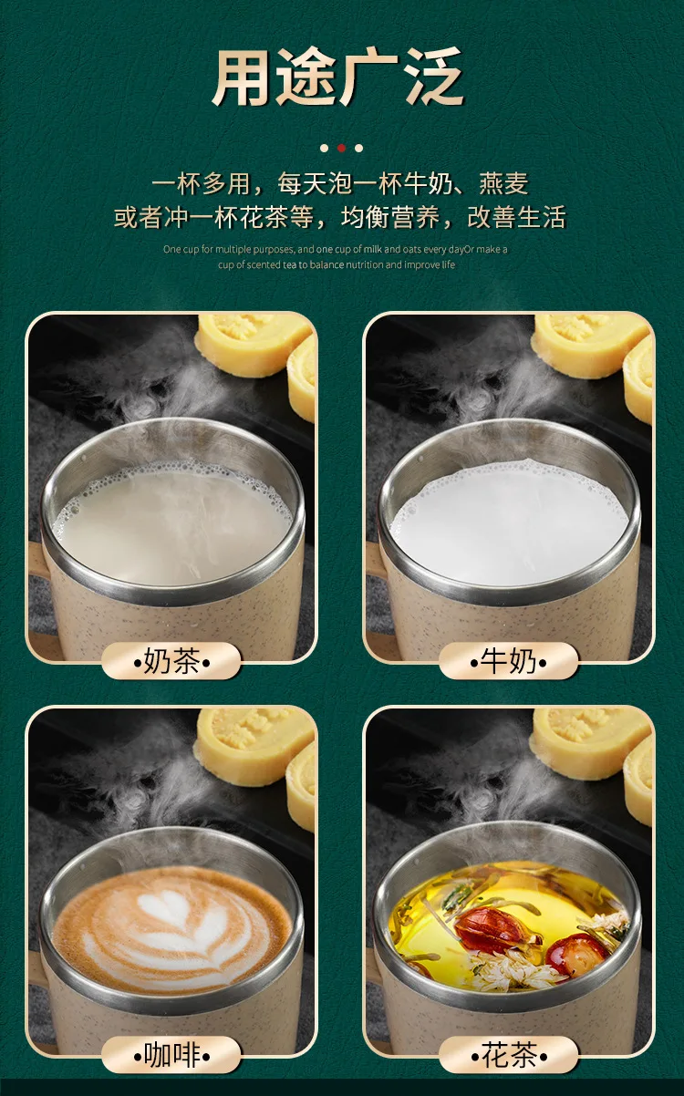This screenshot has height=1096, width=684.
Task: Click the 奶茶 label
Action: (x=171, y=661)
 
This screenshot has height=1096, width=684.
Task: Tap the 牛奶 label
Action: (x=508, y=661)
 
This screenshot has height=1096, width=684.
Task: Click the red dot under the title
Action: (x=341, y=148)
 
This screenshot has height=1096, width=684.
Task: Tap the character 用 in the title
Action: (x=241, y=77)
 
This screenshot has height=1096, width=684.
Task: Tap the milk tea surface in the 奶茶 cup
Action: (x=172, y=522)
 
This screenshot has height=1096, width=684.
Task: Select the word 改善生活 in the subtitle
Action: (x=517, y=217)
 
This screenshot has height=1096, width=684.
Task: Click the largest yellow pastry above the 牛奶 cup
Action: (x=589, y=345)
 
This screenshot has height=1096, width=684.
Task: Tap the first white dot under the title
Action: (x=324, y=148)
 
